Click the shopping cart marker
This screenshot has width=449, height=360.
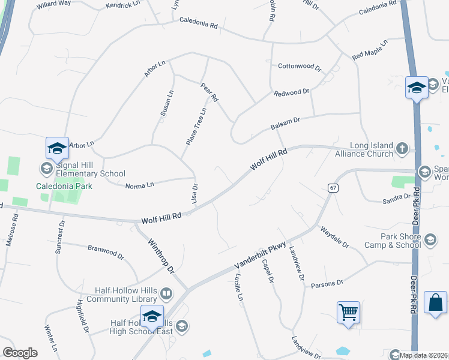[x=348, y=312]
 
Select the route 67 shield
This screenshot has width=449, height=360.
[x=332, y=188]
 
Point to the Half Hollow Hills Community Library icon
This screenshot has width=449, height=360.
[x=166, y=295]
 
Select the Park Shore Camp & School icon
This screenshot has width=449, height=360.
[x=430, y=240]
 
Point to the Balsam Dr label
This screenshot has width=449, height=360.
[x=285, y=122]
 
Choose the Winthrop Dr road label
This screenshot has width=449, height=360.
[x=160, y=256]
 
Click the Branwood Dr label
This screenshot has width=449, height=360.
[x=106, y=252]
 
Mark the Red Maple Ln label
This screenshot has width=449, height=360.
[x=370, y=50]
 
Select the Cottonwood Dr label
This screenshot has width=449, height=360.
[x=300, y=67]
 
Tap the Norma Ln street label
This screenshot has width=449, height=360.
[x=140, y=187]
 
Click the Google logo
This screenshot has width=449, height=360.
[x=20, y=353]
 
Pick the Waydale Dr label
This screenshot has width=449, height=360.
[x=334, y=236]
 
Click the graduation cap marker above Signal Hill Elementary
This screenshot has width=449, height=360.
[x=56, y=148]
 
